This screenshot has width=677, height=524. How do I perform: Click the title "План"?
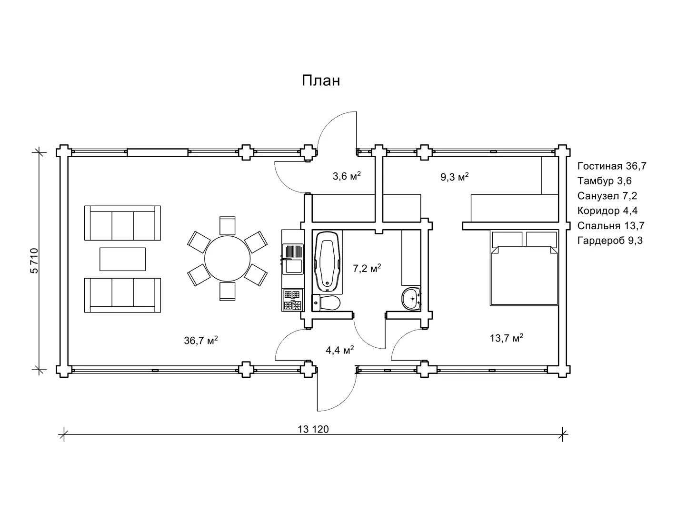pyautogui.click(x=321, y=81)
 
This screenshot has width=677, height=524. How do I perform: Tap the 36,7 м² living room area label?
pyautogui.click(x=201, y=340)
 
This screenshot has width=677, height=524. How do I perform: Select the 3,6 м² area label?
pyautogui.click(x=347, y=176)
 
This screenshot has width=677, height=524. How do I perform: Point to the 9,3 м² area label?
pyautogui.click(x=455, y=177)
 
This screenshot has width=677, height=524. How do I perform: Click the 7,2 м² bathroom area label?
pyautogui.click(x=367, y=269)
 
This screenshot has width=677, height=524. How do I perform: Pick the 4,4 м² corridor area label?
pyautogui.click(x=339, y=351)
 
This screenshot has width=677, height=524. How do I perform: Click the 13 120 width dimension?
pyautogui.click(x=313, y=429)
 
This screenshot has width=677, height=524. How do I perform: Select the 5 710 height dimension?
pyautogui.click(x=34, y=261)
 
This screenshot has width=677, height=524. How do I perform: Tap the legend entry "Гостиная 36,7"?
pyautogui.click(x=612, y=166)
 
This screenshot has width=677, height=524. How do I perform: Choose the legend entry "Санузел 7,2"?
pyautogui.click(x=607, y=196)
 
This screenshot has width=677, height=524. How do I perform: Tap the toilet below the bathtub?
pyautogui.click(x=327, y=302)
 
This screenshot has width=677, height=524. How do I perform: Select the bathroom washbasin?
pyautogui.click(x=411, y=298)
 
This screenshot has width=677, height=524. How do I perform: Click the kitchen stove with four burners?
pyautogui.click(x=292, y=300)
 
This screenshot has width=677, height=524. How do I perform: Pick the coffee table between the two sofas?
pyautogui.click(x=122, y=259)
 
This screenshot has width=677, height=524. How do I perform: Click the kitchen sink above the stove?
pyautogui.click(x=292, y=259)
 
